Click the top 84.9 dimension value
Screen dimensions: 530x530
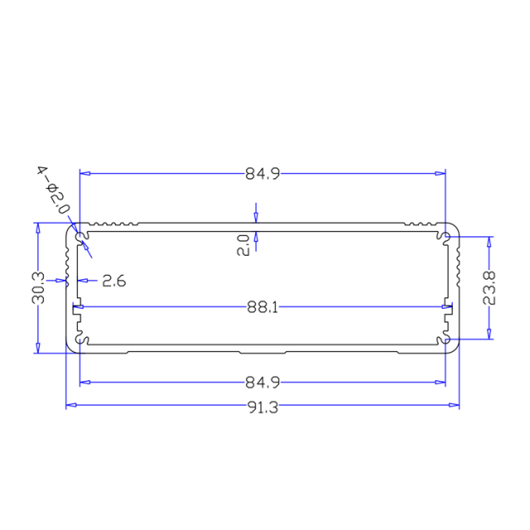pyautogui.click(x=263, y=174)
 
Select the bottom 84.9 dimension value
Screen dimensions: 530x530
pyautogui.click(x=263, y=383)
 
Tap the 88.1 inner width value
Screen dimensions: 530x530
pyautogui.click(x=263, y=307)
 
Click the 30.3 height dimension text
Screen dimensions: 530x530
pyautogui.click(x=38, y=288)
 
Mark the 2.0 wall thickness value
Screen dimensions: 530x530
pyautogui.click(x=243, y=245)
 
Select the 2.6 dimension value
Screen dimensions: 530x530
pyautogui.click(x=113, y=281)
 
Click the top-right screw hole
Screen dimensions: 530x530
pyautogui.click(x=446, y=238)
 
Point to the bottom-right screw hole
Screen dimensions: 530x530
pyautogui.click(x=446, y=340)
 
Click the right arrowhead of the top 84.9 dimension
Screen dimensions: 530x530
pyautogui.click(x=440, y=174)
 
